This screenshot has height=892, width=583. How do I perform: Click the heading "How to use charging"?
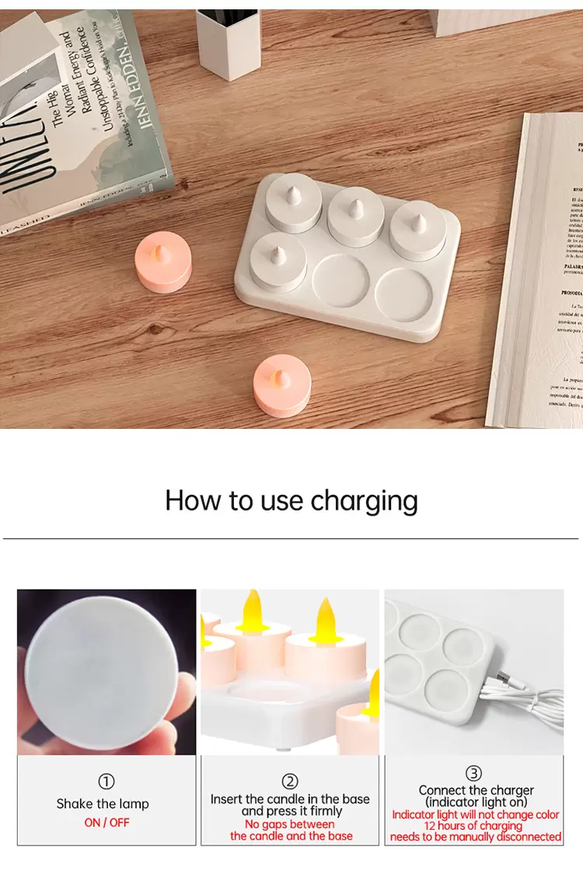coord(291,501)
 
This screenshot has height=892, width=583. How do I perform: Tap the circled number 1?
coord(106,782)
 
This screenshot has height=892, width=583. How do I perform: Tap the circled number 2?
coord(290,782)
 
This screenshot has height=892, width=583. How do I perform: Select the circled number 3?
coord(474,773)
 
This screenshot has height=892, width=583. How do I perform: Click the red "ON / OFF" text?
coord(106,822)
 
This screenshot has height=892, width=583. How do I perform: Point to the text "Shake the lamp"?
coord(103,803)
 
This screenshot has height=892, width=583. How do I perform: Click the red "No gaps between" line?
coord(290,824)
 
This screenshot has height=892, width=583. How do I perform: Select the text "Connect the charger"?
coord(476,790)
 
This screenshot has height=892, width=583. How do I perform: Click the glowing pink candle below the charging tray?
coord(282,385)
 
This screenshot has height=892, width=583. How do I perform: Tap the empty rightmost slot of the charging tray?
coord(403,296)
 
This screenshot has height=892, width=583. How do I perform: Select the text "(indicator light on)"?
coord(476,802)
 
